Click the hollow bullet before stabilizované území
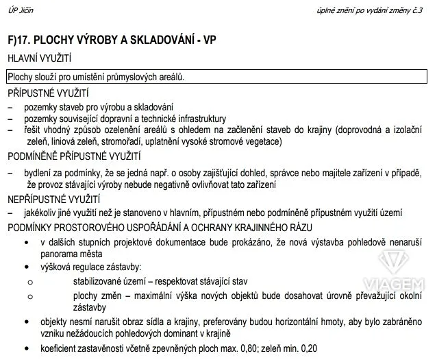(x=29, y=281)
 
